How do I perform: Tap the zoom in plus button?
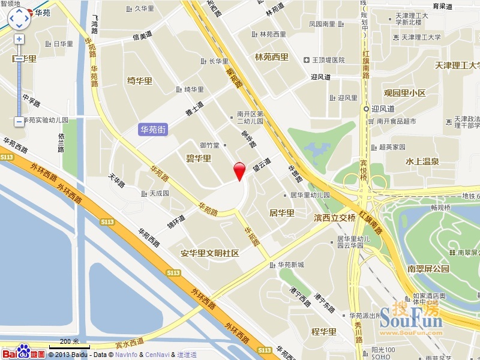[19, 39]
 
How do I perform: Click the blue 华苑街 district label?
[153, 129]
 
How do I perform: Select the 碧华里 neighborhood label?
[198, 158]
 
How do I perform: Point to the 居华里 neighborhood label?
[281, 212]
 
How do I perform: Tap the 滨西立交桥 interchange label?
[335, 217]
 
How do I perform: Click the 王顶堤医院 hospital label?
[324, 60]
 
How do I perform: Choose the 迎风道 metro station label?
[382, 109]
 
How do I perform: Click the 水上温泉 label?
[422, 161]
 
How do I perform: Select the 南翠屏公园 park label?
[428, 269]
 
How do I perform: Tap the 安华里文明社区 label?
[210, 253]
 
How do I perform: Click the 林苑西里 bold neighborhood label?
[272, 58]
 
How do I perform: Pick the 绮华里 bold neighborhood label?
[140, 81]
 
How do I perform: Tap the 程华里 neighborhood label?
[323, 331]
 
